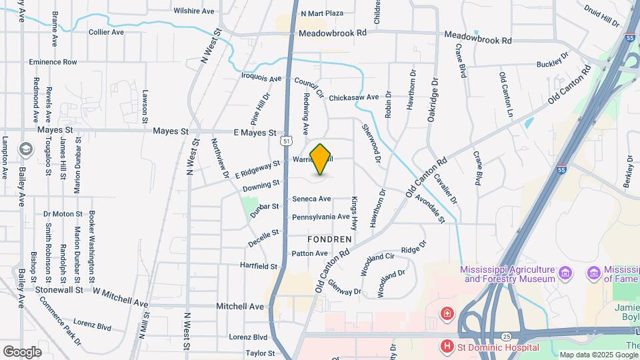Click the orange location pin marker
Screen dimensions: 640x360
321,159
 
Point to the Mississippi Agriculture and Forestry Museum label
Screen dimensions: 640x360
508,274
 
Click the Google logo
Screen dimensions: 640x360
22,351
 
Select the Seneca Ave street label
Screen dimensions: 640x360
311,199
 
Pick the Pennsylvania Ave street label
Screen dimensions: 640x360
321,217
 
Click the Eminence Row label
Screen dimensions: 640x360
53,62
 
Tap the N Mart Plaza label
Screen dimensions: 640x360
321,13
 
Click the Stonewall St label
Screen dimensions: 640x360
60,290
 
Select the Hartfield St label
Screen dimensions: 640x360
259,266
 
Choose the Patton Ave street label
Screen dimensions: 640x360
309,253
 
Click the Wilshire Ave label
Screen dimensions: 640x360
193,11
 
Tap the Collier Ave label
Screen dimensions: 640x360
107,32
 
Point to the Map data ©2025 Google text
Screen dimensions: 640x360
597,355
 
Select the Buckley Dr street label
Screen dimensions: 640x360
553,65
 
